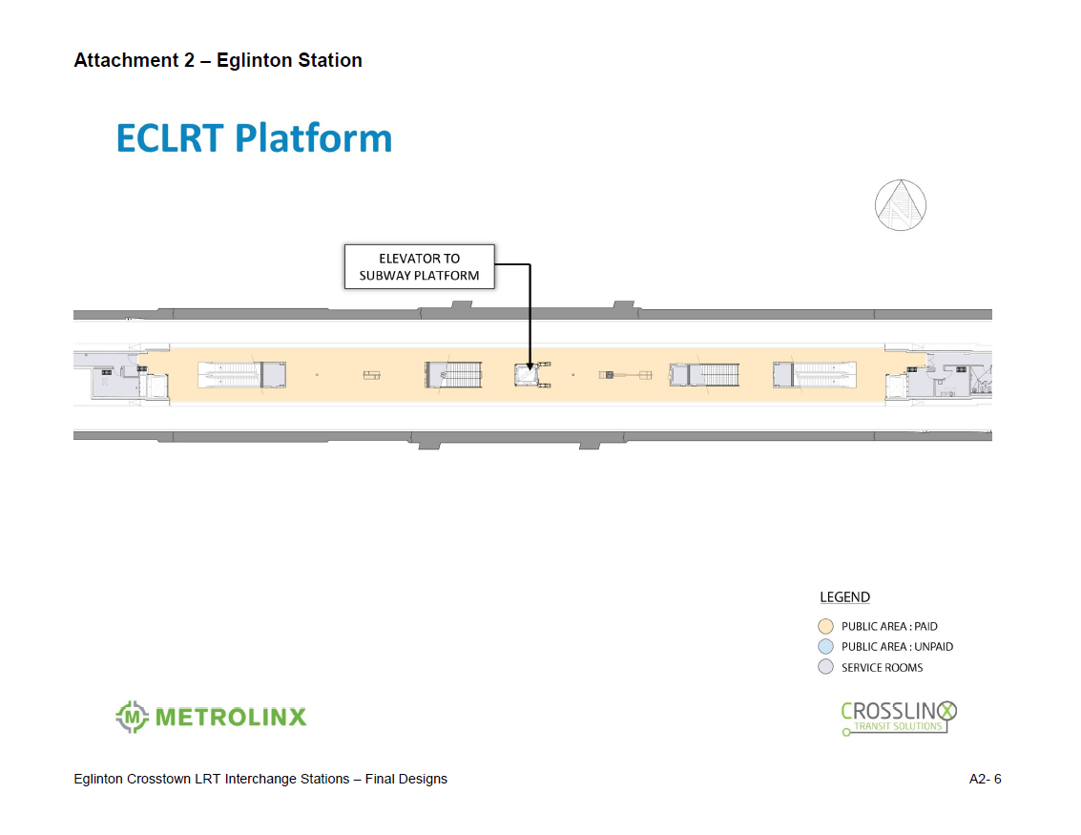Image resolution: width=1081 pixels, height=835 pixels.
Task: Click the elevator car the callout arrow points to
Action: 527,375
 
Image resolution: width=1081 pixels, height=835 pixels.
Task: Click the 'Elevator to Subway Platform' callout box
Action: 419,267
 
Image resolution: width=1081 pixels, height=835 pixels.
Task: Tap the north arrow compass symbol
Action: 901,205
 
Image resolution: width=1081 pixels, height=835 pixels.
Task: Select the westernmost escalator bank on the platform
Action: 242,375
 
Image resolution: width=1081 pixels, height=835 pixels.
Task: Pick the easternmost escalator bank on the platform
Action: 815,375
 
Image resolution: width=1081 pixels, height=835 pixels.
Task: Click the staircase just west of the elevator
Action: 453,375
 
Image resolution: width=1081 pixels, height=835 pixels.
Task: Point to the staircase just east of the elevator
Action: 704,375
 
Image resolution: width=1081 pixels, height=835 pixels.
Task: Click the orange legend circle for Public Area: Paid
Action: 825,626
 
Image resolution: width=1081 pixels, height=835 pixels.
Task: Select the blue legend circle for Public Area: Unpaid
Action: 825,647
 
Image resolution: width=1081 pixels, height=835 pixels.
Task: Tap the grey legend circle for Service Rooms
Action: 825,667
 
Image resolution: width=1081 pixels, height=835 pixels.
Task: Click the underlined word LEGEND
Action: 844,597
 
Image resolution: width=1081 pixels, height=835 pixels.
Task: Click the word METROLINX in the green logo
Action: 231,717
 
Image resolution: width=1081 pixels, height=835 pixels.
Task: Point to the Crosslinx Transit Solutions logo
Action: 899,718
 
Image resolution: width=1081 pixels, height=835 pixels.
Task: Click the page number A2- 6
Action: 986,779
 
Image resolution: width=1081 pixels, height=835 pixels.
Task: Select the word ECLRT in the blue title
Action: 170,138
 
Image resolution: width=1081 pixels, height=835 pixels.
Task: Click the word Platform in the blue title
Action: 314,138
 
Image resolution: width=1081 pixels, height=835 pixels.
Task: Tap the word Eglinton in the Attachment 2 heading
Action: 255,61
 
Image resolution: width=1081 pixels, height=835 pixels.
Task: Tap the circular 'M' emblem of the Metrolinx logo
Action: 133,717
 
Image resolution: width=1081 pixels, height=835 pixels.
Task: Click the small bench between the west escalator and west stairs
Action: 371,375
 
